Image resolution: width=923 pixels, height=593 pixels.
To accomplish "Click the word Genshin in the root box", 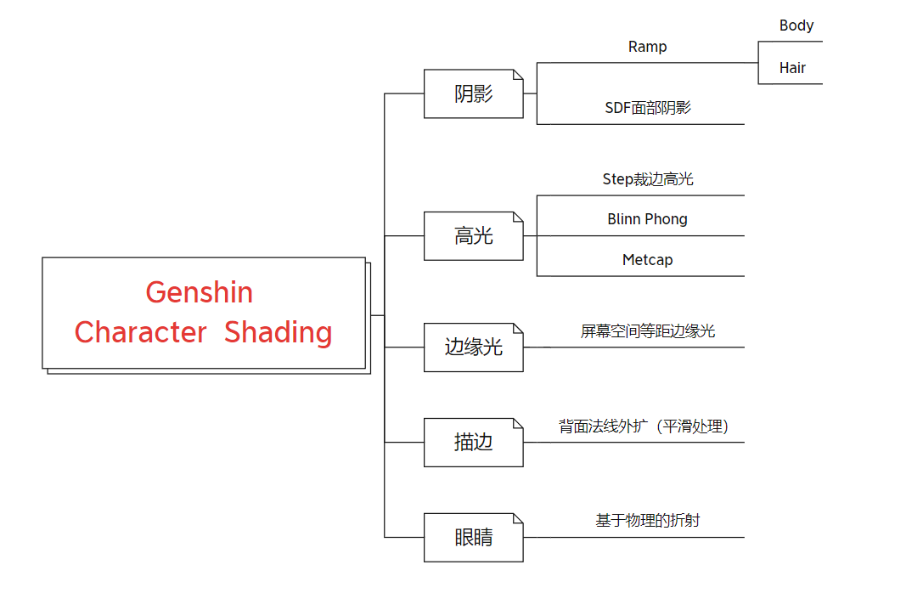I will click(200, 292).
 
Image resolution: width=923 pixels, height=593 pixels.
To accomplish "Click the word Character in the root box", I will click(140, 332).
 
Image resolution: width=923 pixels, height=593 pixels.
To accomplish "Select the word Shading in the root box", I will click(278, 332).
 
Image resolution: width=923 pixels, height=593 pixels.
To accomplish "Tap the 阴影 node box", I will click(473, 94).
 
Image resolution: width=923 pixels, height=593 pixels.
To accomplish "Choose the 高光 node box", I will click(473, 236).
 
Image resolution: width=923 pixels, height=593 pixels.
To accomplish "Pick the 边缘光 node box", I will click(473, 347).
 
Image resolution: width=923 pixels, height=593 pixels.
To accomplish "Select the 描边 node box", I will click(473, 443).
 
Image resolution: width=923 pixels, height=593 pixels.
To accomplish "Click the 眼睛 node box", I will click(473, 538).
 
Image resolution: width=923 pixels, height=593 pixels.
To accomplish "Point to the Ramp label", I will click(647, 47).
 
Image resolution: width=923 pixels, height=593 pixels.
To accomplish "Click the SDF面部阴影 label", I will click(647, 108).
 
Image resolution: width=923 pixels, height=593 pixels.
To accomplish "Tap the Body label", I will click(796, 25).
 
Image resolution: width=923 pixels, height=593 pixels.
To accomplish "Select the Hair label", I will click(792, 68).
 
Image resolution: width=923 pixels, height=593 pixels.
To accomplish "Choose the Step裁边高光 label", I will click(647, 179).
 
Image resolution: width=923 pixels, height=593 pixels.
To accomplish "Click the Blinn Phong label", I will click(647, 219).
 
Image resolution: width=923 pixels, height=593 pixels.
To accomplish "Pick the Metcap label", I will click(647, 260).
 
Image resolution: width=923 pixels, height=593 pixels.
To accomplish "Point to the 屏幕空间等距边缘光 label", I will click(647, 331).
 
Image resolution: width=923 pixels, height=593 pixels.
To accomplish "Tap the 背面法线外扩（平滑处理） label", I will click(644, 426).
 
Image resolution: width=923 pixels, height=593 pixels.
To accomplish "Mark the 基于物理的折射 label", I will click(647, 521).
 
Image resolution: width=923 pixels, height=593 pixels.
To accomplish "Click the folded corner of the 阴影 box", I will click(518, 75).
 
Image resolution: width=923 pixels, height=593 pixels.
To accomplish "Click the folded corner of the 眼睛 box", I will click(518, 518).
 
